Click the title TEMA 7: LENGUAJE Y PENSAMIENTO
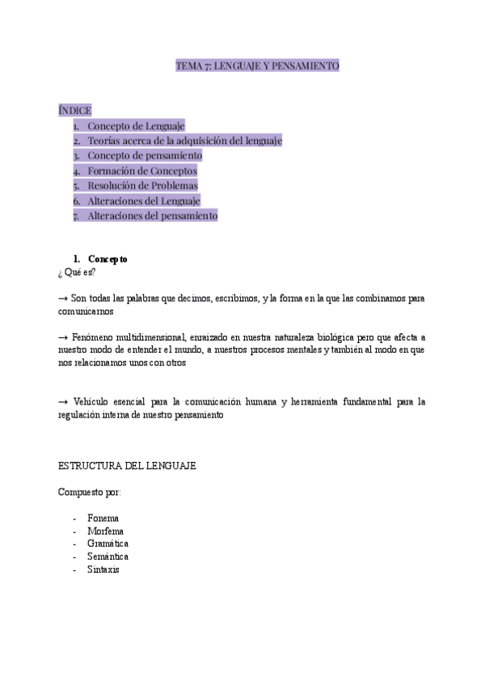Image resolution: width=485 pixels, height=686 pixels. coord(257,66)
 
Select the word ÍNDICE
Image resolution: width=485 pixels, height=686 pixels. coord(74,110)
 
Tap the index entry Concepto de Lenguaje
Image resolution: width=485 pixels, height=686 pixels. coord(136,125)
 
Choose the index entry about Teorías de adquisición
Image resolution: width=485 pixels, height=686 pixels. coord(184,141)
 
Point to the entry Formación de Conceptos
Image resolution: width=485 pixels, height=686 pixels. coord(141,171)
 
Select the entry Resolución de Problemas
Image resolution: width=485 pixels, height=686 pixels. coord(142,185)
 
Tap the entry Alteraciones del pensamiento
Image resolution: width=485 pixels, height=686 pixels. coord(152,216)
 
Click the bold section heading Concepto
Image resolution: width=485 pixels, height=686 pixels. coord(108,259)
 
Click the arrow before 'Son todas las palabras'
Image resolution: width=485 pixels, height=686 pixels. coord(63,299)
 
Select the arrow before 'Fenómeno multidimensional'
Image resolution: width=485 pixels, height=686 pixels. coord(63,337)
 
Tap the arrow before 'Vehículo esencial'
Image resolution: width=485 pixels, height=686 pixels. coord(63,402)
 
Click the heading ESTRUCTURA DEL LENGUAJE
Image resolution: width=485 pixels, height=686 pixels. coord(127,467)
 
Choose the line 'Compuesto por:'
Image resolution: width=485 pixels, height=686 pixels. coord(90,492)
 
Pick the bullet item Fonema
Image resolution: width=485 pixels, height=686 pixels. coord(103,519)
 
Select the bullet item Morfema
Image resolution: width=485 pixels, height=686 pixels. coord(105,531)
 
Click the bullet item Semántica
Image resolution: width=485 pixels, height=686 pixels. coord(108,557)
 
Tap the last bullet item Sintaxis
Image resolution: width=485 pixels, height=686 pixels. coord(103,570)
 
